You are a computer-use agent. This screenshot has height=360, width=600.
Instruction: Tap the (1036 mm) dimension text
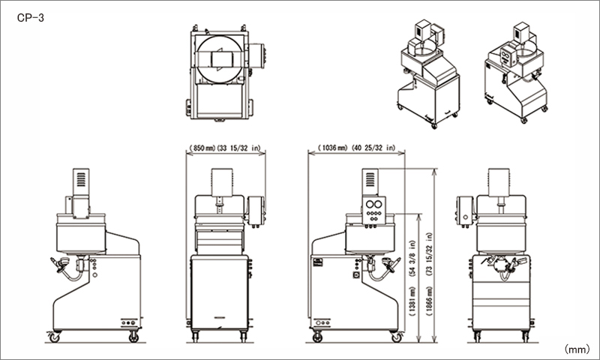coord(332,148)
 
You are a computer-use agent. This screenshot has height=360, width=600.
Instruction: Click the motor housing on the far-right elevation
coord(499,182)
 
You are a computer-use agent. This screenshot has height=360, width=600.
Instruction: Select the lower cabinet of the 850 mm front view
coord(219,292)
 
